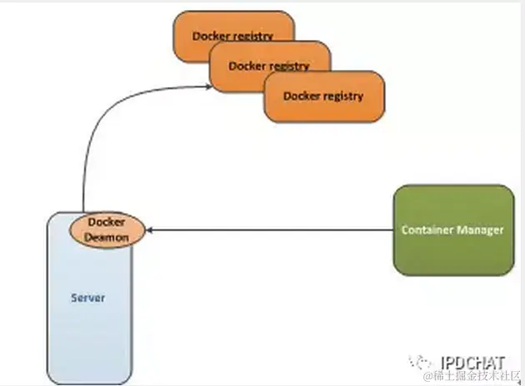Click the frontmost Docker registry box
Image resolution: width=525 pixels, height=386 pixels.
(x=324, y=96)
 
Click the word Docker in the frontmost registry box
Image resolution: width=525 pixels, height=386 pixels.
(x=301, y=96)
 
